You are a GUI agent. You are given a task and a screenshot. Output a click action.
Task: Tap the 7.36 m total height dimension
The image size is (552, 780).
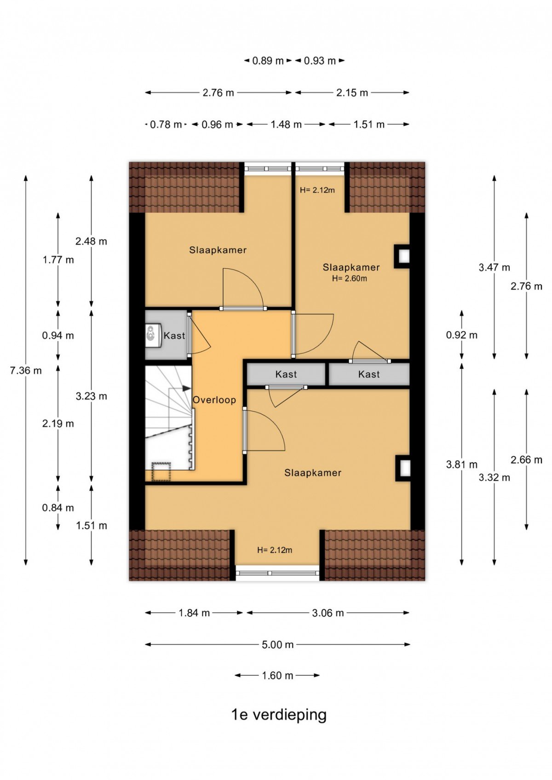point(26,371)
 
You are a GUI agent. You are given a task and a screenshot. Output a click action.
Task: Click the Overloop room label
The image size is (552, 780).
point(214,400)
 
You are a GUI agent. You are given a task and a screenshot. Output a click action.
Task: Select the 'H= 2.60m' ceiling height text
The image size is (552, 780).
point(349,279)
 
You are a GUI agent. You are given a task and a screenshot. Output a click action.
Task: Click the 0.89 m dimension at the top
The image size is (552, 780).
point(268,61)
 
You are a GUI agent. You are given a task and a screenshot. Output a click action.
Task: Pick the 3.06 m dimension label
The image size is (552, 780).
point(328,613)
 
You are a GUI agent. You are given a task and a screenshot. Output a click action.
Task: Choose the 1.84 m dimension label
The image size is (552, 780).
point(194,613)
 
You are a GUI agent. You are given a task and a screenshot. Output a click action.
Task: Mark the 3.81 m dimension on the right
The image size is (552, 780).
point(462,465)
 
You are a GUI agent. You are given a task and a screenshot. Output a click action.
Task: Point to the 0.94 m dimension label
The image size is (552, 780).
point(58,336)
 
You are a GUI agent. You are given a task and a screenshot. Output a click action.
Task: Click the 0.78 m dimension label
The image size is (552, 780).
point(166,125)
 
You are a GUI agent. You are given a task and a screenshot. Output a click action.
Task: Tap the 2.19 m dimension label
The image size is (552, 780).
point(58,424)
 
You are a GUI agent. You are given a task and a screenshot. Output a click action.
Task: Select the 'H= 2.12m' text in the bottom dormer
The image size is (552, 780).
point(275,550)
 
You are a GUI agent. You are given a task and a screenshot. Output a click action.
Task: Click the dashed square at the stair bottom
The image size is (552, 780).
point(161,471)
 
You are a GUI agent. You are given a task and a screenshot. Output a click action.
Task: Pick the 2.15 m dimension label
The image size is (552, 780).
point(352,93)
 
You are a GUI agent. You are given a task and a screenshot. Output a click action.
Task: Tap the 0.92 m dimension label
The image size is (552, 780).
point(462,335)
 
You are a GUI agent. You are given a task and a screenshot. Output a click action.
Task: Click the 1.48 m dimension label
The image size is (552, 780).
point(286,125)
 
